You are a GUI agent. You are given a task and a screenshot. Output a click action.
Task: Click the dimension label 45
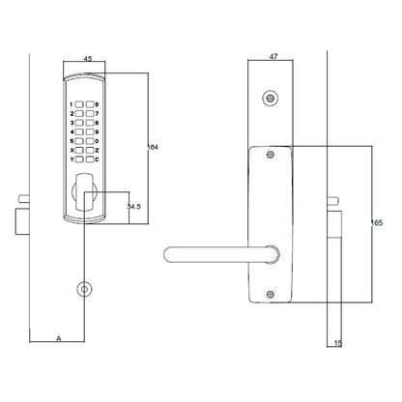pyautogui.click(x=88, y=59)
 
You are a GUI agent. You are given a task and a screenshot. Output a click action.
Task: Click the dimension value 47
pyautogui.click(x=273, y=57)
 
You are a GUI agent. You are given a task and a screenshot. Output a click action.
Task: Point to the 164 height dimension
pyautogui.click(x=153, y=147)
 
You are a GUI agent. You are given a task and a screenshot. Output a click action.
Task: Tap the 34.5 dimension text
pyautogui.click(x=133, y=207)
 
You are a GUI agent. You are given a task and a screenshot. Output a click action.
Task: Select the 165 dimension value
pyautogui.click(x=377, y=223)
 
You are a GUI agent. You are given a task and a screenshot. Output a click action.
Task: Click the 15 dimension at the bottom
pyautogui.click(x=337, y=343)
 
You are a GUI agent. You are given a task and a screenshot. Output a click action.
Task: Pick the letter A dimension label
pyautogui.click(x=59, y=338)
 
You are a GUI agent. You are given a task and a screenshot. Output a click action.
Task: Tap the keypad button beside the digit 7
pyautogui.click(x=90, y=114)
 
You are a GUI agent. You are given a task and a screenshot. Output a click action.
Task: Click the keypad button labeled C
pyautogui.click(x=90, y=159)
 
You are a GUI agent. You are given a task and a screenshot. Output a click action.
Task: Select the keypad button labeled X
pyautogui.click(x=79, y=151)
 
